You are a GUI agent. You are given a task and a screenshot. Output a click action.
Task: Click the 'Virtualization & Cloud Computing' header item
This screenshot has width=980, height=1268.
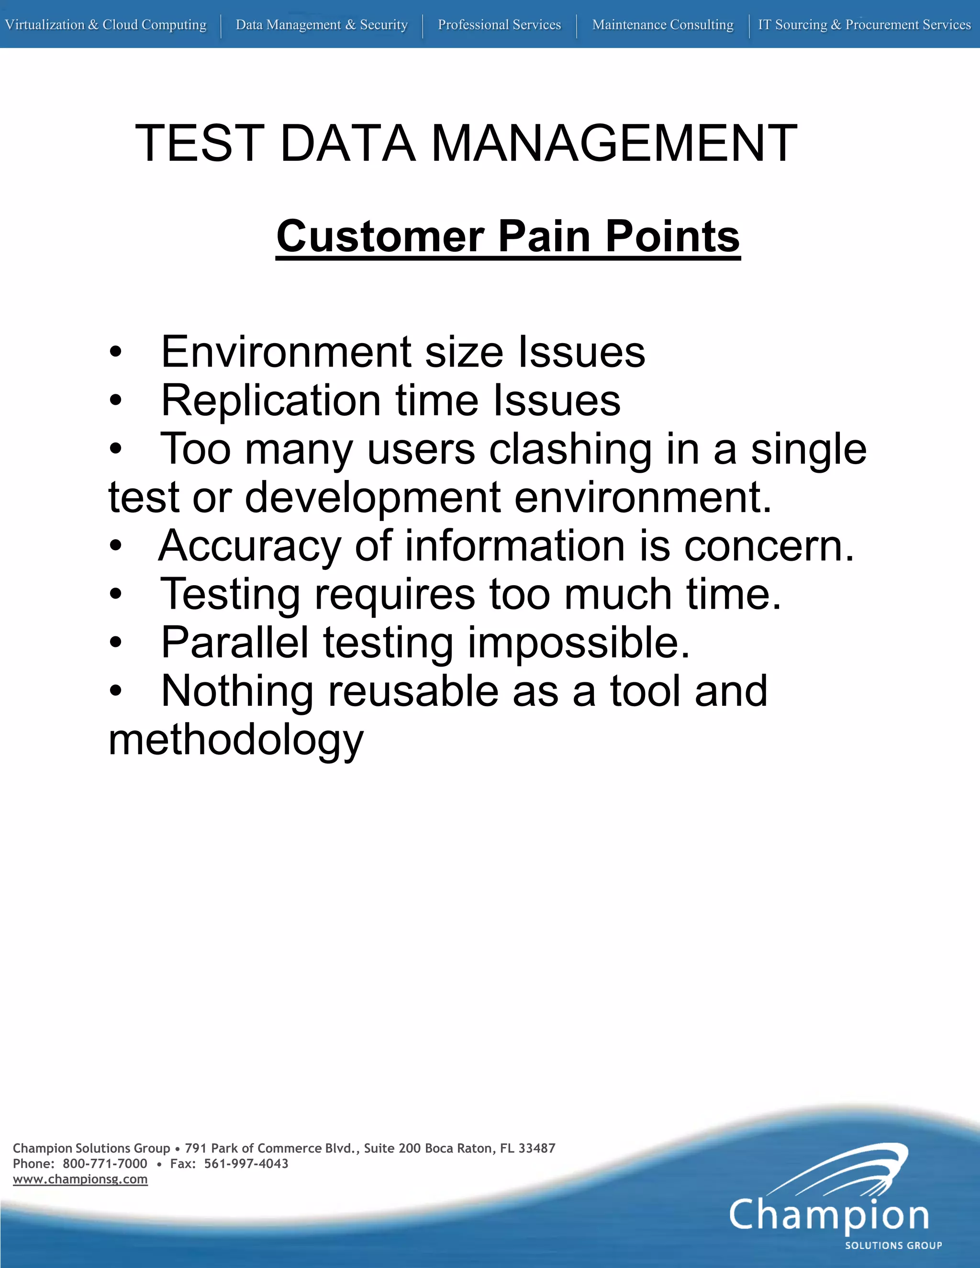(x=106, y=25)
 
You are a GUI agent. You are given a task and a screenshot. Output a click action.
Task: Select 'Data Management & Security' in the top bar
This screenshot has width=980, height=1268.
(x=322, y=25)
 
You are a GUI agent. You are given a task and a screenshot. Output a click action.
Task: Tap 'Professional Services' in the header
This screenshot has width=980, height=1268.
(x=499, y=25)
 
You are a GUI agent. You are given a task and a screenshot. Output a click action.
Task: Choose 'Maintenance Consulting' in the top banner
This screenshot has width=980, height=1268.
(x=662, y=25)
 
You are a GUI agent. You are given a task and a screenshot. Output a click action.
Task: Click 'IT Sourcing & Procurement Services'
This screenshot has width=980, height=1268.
(x=864, y=25)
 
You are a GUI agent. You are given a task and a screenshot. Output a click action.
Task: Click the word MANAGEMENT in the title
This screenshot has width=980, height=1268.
(x=614, y=144)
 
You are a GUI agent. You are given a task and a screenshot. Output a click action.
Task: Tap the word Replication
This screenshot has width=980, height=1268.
(x=270, y=400)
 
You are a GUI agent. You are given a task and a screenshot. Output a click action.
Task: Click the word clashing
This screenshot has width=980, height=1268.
(x=570, y=450)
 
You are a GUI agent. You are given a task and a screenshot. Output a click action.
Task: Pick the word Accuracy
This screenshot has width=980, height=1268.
(x=250, y=546)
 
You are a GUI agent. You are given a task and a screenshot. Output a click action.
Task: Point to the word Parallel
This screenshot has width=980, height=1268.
(x=234, y=643)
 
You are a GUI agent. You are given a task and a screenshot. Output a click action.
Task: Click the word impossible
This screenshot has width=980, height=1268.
(x=578, y=643)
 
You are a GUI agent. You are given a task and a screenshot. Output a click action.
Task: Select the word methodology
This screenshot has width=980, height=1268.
(x=236, y=741)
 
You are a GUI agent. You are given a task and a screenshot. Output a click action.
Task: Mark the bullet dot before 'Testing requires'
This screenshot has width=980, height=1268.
(x=116, y=594)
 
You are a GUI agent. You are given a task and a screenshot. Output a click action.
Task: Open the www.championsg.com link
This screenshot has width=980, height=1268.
(x=80, y=1179)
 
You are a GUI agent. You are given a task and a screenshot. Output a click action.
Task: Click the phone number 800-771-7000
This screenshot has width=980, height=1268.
(x=105, y=1164)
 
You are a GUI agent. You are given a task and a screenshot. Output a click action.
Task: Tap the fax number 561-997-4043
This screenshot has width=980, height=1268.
(x=246, y=1164)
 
